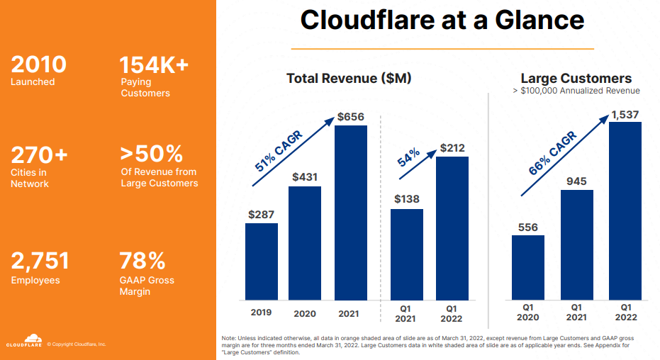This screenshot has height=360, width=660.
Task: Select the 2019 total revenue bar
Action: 262,261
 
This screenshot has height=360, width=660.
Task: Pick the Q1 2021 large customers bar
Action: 577,244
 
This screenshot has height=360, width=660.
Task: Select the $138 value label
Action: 406,200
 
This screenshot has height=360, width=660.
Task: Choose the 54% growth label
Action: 408,157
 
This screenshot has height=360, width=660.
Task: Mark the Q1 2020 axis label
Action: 528,313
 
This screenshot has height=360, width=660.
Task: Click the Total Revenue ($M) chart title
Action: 349,78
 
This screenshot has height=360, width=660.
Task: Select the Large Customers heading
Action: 576,78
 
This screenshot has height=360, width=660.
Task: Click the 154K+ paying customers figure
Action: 154,66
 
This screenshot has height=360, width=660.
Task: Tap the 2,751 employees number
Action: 40,261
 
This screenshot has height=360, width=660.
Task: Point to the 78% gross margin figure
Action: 142,260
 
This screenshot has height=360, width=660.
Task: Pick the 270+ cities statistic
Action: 40,154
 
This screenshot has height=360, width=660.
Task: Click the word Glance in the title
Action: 534,20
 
